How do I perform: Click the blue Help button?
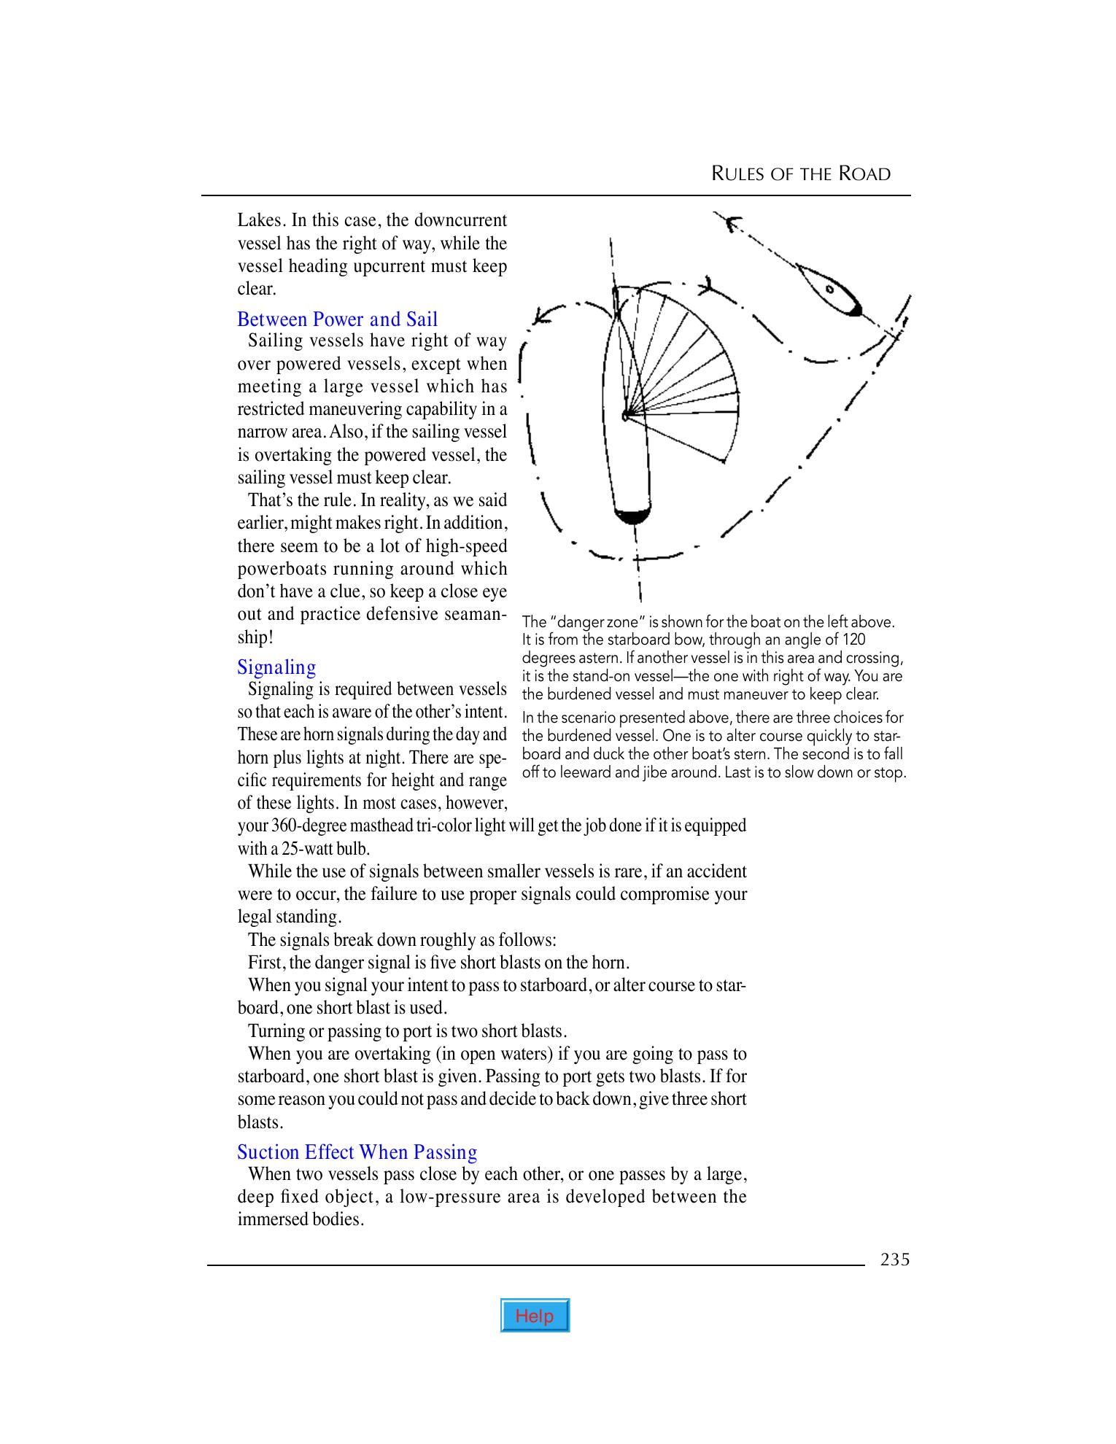pos(535,1316)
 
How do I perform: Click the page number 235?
pos(895,1259)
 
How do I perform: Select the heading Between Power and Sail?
pos(338,319)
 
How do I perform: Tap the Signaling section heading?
pos(277,667)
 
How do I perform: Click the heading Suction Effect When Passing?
pos(357,1152)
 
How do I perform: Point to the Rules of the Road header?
pos(801,174)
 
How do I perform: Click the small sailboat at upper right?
pos(830,290)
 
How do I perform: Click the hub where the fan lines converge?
pos(626,416)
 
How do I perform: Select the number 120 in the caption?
pos(853,640)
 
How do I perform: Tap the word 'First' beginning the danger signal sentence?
pos(265,963)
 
